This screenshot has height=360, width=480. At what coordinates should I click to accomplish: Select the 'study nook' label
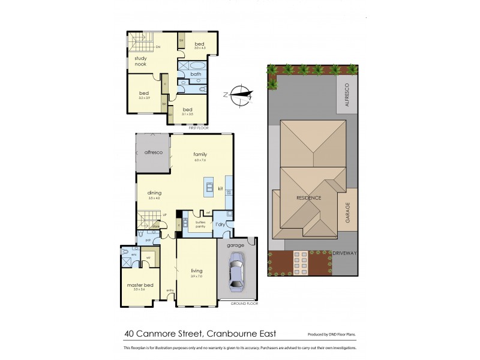(140, 61)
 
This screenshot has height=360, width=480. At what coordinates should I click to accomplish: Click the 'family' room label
(200, 154)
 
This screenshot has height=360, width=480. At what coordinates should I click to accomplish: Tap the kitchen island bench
(209, 188)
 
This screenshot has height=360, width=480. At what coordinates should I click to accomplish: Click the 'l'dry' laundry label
(221, 224)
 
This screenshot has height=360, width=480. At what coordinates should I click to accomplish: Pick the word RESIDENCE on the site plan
(308, 198)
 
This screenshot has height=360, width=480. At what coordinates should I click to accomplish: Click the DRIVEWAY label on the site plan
(344, 253)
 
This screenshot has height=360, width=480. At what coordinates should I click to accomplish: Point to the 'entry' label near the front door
(169, 292)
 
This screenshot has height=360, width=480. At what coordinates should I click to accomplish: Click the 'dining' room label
(154, 193)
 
